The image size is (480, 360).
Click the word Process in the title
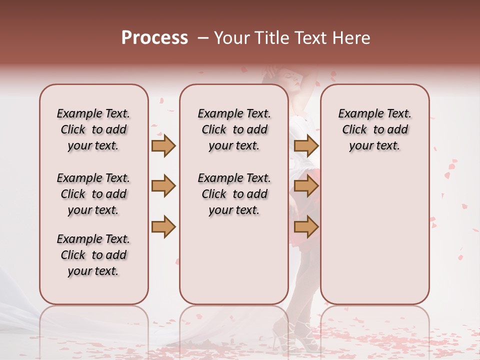click(154, 38)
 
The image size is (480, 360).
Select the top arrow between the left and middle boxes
click(163, 146)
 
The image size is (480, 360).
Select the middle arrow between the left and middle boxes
click(163, 186)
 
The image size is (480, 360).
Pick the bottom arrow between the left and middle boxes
click(163, 226)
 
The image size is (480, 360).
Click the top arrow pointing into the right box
click(306, 146)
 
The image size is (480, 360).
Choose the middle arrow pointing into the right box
click(306, 186)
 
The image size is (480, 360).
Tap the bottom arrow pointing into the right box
click(306, 226)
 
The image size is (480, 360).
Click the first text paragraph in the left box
click(93, 129)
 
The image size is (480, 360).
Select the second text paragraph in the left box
click(93, 194)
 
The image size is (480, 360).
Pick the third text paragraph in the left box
click(93, 255)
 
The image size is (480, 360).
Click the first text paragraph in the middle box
click(234, 129)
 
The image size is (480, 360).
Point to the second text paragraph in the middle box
click(234, 194)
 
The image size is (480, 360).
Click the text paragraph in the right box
click(374, 129)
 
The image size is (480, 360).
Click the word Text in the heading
click(309, 38)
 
